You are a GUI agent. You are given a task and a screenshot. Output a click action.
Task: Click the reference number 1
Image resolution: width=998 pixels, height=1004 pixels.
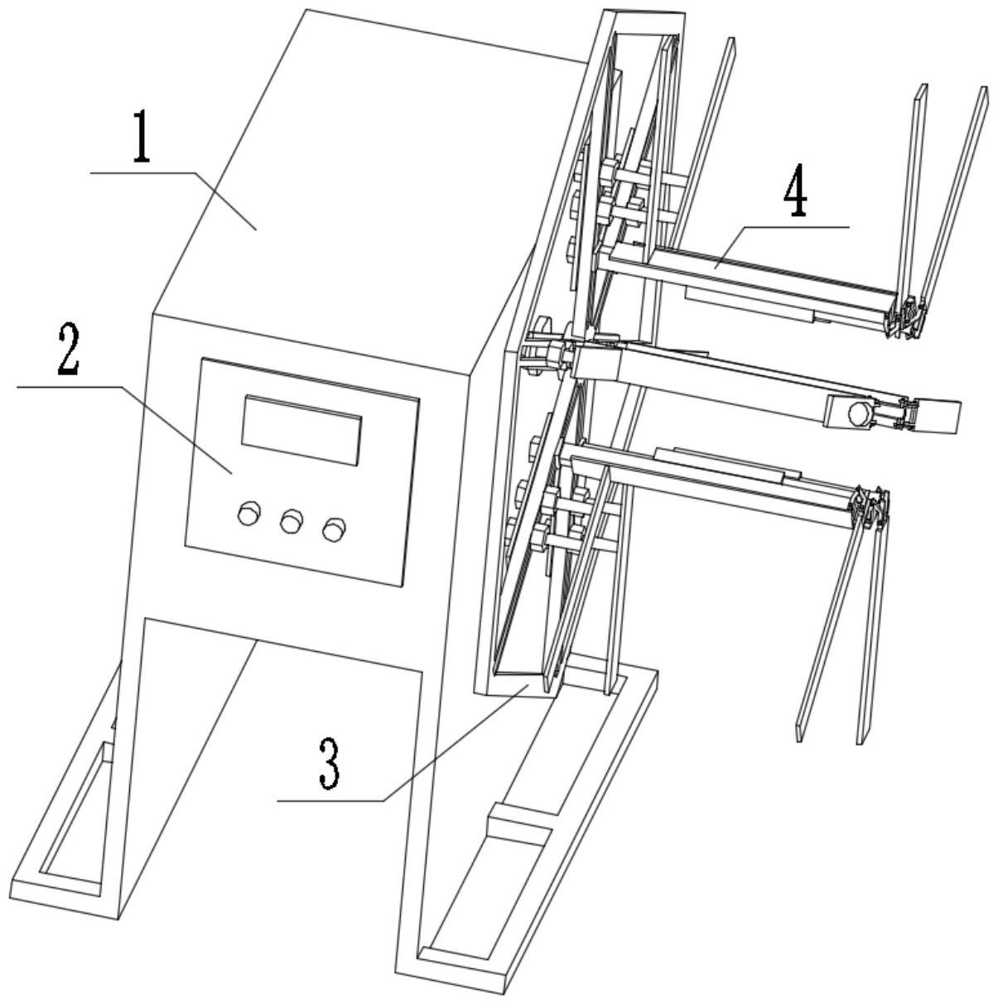pyautogui.click(x=142, y=136)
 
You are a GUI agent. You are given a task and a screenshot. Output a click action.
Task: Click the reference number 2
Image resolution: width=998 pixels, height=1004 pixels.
pyautogui.click(x=68, y=350)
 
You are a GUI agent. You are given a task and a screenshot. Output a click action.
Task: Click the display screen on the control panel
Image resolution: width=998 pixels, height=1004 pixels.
pyautogui.click(x=301, y=430)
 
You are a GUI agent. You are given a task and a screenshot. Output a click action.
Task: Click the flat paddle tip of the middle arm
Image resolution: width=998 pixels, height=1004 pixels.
pyautogui.click(x=938, y=417)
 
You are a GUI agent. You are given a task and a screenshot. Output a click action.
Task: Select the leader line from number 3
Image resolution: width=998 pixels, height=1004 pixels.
pyautogui.click(x=403, y=744)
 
